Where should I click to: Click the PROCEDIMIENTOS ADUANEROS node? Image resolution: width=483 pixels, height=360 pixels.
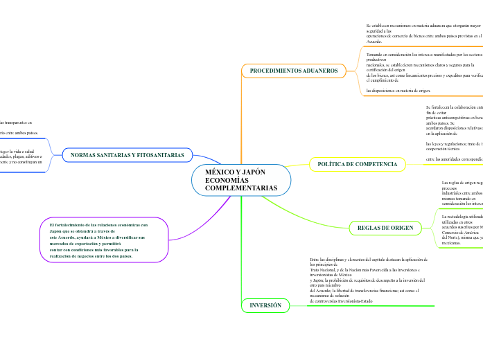293,71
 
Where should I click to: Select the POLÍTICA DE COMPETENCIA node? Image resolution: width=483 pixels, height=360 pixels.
358,164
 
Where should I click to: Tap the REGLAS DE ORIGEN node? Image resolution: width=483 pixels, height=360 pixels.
385,228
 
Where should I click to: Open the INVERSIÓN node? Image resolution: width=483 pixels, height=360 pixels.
265,305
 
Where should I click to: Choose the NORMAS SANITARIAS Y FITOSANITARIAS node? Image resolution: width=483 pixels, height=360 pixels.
128,155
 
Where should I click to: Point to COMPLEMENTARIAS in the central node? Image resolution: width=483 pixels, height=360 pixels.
240,188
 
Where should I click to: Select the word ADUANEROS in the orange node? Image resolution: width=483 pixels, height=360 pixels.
317,71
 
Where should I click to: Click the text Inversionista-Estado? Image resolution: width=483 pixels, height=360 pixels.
356,301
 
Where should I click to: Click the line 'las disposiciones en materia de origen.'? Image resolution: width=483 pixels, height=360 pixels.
398,91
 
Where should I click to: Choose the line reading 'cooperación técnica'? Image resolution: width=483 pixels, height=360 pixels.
448,148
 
